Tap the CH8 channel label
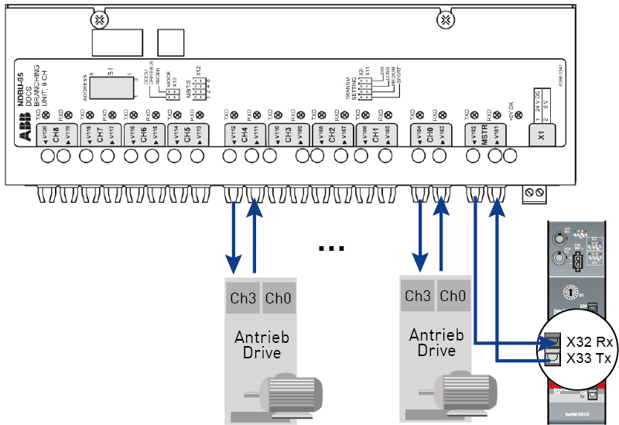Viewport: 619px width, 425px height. [x=56, y=132]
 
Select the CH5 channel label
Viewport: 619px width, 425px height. [x=187, y=132]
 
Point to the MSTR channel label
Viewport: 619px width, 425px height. [x=487, y=132]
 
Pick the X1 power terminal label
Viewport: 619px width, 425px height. [x=542, y=133]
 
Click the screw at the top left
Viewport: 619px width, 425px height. [x=99, y=19]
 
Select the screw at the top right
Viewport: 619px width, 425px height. [x=446, y=19]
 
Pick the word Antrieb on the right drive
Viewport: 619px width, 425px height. [x=436, y=335]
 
